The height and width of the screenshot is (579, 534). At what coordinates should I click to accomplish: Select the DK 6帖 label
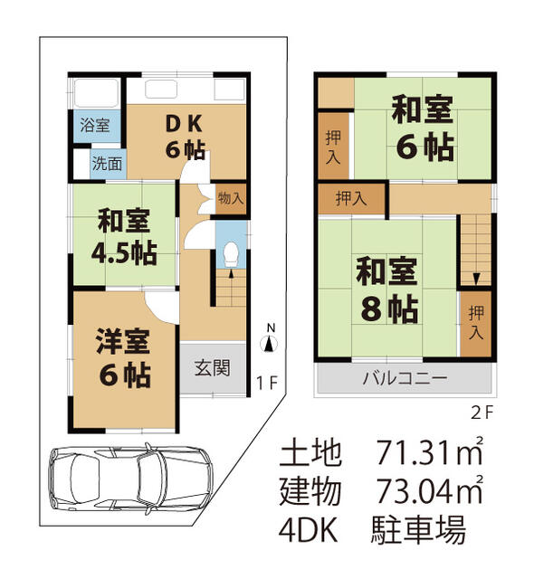click(x=186, y=137)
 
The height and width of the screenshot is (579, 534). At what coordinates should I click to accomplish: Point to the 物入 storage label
click(x=231, y=198)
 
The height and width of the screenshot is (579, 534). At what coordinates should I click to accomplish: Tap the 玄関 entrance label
click(x=212, y=368)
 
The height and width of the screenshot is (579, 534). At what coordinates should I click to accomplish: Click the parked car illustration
click(x=129, y=479)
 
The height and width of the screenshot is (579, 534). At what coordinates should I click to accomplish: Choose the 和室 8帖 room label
click(x=386, y=289)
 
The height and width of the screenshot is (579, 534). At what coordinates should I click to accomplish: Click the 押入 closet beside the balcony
click(x=476, y=322)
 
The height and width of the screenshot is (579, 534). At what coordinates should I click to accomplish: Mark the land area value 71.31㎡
click(x=430, y=451)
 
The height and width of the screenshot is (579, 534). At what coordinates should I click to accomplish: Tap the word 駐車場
click(x=418, y=530)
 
